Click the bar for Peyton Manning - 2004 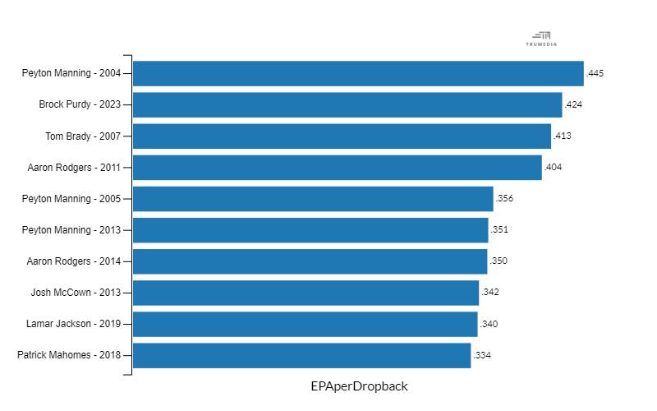pyautogui.click(x=358, y=73)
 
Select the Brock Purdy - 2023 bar pyautogui.click(x=347, y=104)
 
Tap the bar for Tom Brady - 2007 pyautogui.click(x=342, y=136)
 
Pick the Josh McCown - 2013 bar pyautogui.click(x=306, y=293)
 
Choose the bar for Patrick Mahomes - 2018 pyautogui.click(x=301, y=355)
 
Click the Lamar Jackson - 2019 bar pyautogui.click(x=305, y=324)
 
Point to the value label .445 pyautogui.click(x=595, y=74)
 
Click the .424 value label pyautogui.click(x=573, y=105)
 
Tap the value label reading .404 pyautogui.click(x=553, y=168)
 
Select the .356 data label pyautogui.click(x=504, y=199)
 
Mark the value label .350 pyautogui.click(x=498, y=261)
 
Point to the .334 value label pyautogui.click(x=482, y=356)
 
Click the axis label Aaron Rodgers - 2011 pyautogui.click(x=74, y=168)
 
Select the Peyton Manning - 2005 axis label pyautogui.click(x=71, y=199)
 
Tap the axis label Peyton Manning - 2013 pyautogui.click(x=71, y=230)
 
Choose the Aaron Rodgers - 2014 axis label pyautogui.click(x=74, y=261)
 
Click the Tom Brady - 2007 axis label pyautogui.click(x=83, y=136)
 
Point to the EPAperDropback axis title pyautogui.click(x=359, y=386)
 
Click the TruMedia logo pyautogui.click(x=541, y=38)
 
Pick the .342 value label pyautogui.click(x=490, y=293)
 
